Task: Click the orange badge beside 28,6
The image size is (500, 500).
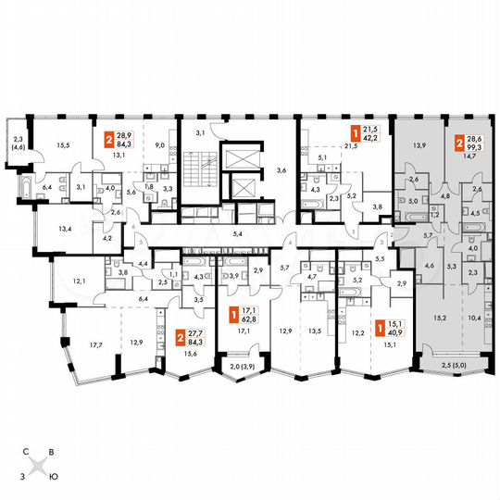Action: click(x=459, y=144)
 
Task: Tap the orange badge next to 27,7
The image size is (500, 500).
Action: click(x=179, y=336)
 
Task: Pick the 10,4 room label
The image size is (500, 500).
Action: click(x=475, y=318)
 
